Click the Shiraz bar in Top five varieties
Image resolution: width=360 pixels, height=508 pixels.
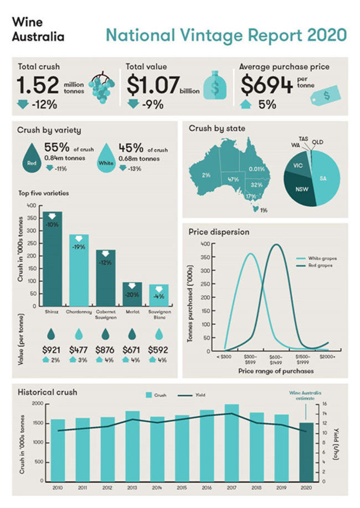53,260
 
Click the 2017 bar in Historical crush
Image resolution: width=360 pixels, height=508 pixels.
232,443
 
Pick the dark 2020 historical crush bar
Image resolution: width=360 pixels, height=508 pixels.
306,452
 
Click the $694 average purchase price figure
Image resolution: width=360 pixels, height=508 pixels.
266,86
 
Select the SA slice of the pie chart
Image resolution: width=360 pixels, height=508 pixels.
326,178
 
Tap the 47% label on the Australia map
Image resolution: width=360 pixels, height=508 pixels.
233,180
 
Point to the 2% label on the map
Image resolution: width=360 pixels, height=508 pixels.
205,175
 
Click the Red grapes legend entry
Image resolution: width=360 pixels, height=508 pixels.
325,266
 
